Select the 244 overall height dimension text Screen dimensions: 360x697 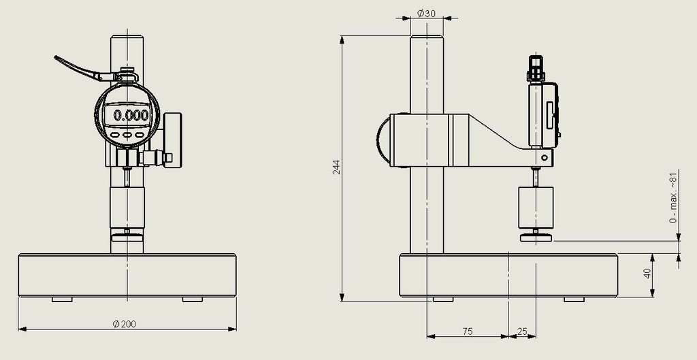tap(336, 167)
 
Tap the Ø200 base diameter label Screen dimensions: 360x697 tap(125, 324)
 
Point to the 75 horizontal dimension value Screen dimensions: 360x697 tap(467, 331)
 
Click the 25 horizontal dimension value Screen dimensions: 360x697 tap(522, 331)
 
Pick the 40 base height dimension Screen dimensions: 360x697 tap(647, 273)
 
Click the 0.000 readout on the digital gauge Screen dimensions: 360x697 tap(130, 115)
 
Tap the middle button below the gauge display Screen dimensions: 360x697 tap(127, 135)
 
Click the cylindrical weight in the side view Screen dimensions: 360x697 tap(537, 208)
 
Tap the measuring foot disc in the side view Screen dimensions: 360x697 tap(537, 238)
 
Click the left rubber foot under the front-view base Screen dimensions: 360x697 tap(63, 299)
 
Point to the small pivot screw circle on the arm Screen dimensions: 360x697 tap(543, 159)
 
